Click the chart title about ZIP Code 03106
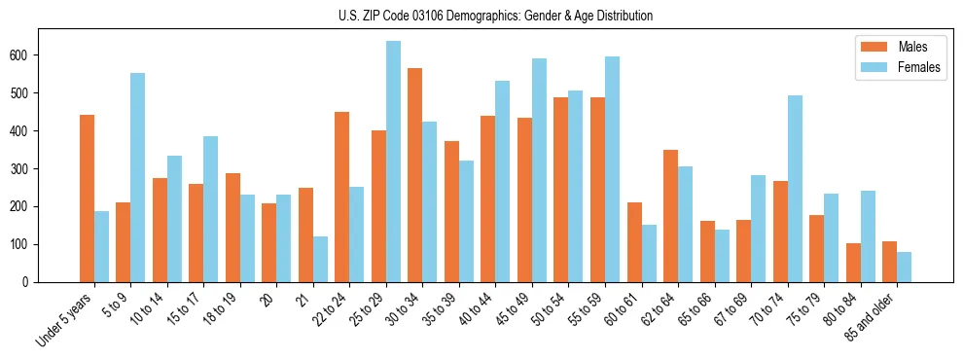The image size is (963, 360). point(481,16)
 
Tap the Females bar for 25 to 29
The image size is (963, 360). point(393,162)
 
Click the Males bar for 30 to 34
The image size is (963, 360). point(415,175)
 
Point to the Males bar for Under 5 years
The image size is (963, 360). point(87,198)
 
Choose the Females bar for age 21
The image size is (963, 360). point(320,259)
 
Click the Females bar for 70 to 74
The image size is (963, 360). point(795,189)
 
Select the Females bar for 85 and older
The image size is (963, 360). point(904,267)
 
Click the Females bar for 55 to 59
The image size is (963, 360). point(612,169)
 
